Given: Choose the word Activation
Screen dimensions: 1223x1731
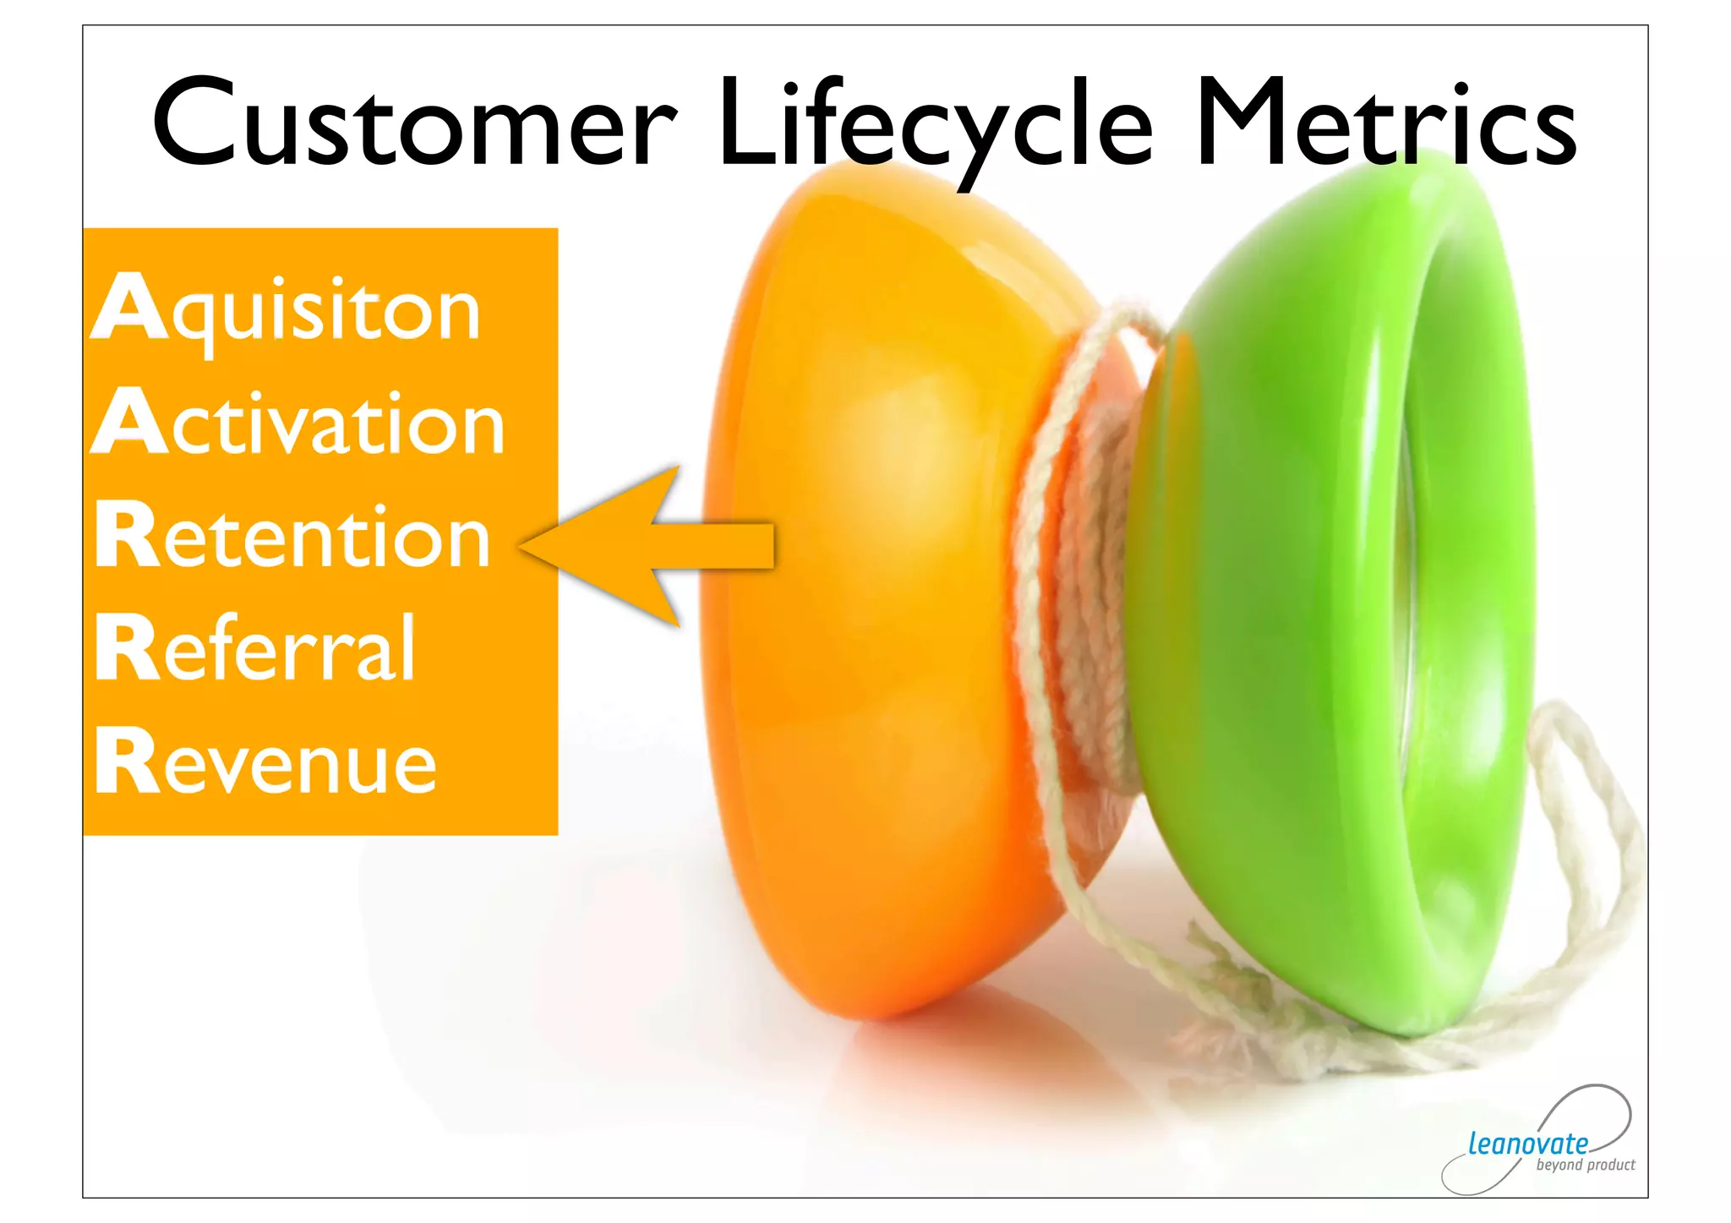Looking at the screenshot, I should point(298,423).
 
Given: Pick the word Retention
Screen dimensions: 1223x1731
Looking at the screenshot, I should point(292,536).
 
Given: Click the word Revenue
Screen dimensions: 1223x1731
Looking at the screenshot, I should point(265,762).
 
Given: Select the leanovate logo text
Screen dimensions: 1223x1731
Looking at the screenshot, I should point(1527,1144).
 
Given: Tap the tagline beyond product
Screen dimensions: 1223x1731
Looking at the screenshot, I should point(1585,1166).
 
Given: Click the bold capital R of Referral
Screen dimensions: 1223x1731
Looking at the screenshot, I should point(127,647).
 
